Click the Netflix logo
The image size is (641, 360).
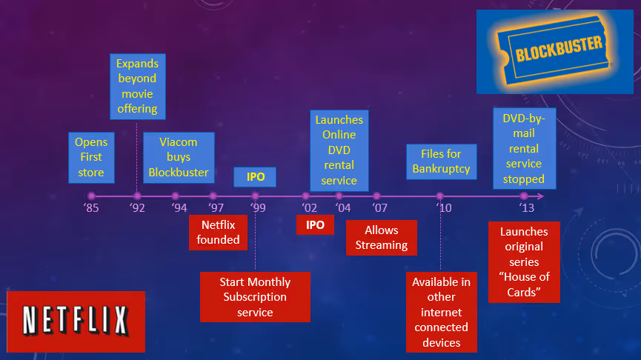tap(76, 321)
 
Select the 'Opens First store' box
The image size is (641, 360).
tap(91, 157)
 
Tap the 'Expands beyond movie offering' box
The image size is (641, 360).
tap(137, 86)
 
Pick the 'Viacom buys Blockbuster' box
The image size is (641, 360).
tap(178, 157)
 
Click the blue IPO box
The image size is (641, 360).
tap(255, 178)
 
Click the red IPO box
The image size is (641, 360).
tap(315, 224)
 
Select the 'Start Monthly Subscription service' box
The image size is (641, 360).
tap(255, 297)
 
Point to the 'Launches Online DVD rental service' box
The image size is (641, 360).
tap(339, 150)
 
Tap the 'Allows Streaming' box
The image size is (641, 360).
tap(382, 237)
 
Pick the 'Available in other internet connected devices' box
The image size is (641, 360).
tap(441, 312)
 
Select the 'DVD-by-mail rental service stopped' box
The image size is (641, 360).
tap(523, 149)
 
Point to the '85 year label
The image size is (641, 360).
tap(90, 208)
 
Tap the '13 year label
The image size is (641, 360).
tap(526, 208)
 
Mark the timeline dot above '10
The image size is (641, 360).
tap(439, 196)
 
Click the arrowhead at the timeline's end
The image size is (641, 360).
tap(542, 196)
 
